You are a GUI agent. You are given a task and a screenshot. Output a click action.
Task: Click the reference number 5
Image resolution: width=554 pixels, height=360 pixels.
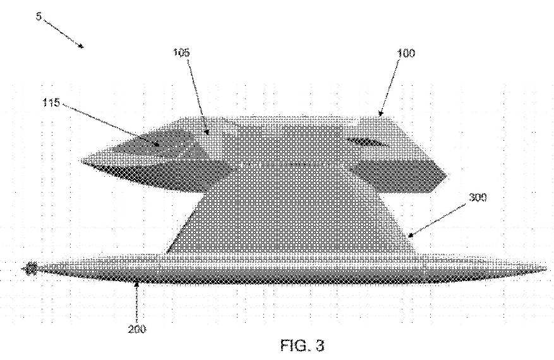tap(39, 16)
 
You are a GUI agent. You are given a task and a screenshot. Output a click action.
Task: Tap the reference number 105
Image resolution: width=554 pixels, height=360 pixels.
tap(181, 52)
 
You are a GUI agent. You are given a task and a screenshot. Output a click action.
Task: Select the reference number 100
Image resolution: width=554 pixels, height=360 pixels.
tap(406, 53)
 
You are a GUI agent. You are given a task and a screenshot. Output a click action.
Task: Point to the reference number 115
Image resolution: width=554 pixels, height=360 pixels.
tap(51, 103)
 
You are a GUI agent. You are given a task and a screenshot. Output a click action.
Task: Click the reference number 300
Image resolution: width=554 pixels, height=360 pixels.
tap(478, 198)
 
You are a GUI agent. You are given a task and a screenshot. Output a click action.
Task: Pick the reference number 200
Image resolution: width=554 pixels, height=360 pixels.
tap(136, 329)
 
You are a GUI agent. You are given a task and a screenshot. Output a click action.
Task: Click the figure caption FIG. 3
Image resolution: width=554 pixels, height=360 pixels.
tap(302, 345)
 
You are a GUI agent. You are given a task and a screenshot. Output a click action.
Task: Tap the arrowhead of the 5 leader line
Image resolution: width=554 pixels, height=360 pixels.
tap(81, 46)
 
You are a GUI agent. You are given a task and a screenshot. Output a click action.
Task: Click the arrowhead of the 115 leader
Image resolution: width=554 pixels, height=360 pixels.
tap(157, 144)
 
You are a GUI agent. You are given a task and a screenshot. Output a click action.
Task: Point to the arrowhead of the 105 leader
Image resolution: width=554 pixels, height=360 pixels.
tap(207, 132)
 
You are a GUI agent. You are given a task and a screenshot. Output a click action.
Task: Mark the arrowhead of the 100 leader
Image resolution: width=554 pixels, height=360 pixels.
tap(380, 114)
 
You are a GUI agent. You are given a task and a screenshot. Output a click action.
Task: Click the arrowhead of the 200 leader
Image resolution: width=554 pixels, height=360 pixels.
tap(136, 282)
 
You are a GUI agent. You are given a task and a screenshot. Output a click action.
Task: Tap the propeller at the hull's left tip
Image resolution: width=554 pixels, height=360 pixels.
tap(31, 269)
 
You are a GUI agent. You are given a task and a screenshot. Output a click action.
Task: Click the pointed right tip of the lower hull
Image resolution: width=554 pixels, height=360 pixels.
tap(546, 270)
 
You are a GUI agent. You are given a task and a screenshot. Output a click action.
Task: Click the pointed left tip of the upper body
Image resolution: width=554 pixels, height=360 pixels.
tap(82, 161)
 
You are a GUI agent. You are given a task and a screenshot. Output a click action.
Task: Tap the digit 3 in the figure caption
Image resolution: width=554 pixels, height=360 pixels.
tap(320, 345)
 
